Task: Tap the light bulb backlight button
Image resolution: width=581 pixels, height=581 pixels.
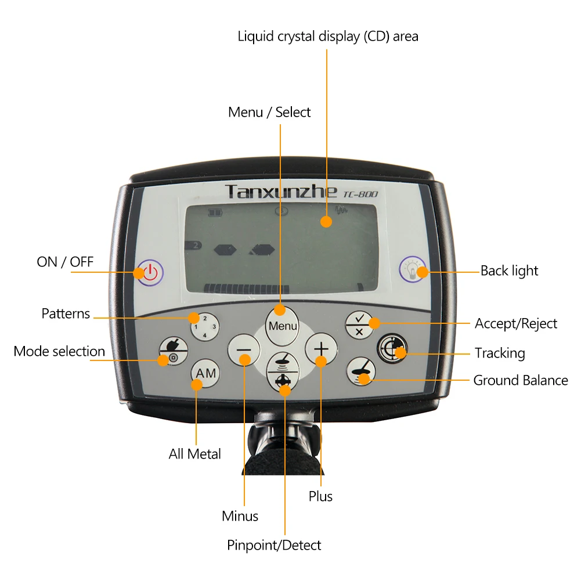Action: tap(413, 270)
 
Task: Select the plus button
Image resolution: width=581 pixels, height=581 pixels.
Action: tap(321, 349)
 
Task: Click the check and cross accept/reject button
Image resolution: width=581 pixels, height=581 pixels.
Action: tap(359, 324)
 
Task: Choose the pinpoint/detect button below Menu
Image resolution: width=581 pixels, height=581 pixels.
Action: tap(283, 371)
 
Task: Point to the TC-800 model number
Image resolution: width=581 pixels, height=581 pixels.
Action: tap(360, 193)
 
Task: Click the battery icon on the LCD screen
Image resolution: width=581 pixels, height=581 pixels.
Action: tap(215, 213)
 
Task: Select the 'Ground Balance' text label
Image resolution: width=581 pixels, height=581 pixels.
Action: tap(521, 381)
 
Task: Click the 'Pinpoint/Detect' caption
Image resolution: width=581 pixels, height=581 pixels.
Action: tap(274, 545)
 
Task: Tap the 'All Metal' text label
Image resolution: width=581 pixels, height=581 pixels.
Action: tap(195, 454)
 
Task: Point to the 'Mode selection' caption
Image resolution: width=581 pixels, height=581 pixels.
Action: tap(59, 352)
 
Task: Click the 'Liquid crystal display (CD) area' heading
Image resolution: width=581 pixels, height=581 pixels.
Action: tap(328, 36)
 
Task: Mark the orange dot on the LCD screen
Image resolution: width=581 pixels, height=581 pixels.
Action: tap(327, 221)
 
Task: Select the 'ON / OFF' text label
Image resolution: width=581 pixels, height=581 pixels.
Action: tap(65, 262)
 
